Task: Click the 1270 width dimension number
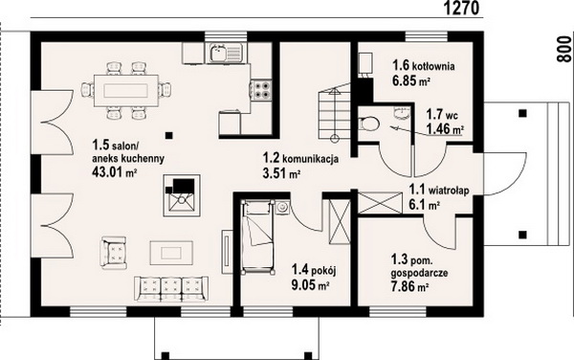pyautogui.click(x=462, y=8)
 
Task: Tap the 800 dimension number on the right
pyautogui.click(x=563, y=49)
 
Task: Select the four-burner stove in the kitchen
pyautogui.click(x=261, y=89)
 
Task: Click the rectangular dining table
pyautogui.click(x=126, y=90)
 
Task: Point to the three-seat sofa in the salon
pyautogui.click(x=171, y=288)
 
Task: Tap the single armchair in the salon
pyautogui.click(x=115, y=253)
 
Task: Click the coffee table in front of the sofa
pyautogui.click(x=171, y=253)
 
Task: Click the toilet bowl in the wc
pyautogui.click(x=369, y=124)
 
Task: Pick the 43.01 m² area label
pyautogui.click(x=114, y=171)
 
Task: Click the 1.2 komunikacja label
pyautogui.click(x=300, y=159)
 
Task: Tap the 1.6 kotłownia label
pyautogui.click(x=424, y=66)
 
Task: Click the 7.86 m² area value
pyautogui.click(x=410, y=286)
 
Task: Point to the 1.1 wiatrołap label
pyautogui.click(x=439, y=191)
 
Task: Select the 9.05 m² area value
pyautogui.click(x=309, y=284)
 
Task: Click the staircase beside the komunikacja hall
pyautogui.click(x=335, y=113)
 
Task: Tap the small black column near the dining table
pyautogui.click(x=168, y=136)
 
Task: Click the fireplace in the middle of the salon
pyautogui.click(x=182, y=195)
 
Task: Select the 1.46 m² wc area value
pyautogui.click(x=445, y=129)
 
